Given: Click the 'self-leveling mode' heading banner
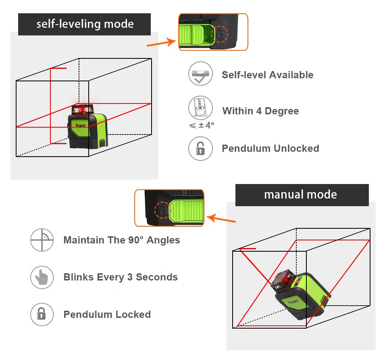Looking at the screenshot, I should [x=85, y=24].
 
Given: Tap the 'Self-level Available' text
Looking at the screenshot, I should [x=267, y=75].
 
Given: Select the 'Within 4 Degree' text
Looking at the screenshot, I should [x=260, y=111].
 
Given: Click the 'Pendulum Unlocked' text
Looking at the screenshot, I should [x=270, y=148].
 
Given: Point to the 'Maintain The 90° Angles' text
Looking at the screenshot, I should [x=121, y=240].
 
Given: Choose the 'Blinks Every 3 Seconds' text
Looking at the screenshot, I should [x=120, y=277].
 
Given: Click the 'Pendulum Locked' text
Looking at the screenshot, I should [x=107, y=314].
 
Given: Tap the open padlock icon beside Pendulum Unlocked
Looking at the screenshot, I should [x=200, y=149].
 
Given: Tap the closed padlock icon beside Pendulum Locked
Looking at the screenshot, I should [x=42, y=314].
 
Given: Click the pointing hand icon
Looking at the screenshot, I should [x=42, y=277].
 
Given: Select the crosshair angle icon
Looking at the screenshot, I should [x=42, y=240].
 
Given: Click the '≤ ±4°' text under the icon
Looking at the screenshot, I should [x=202, y=125].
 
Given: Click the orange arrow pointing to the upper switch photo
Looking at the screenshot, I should [x=161, y=42].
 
